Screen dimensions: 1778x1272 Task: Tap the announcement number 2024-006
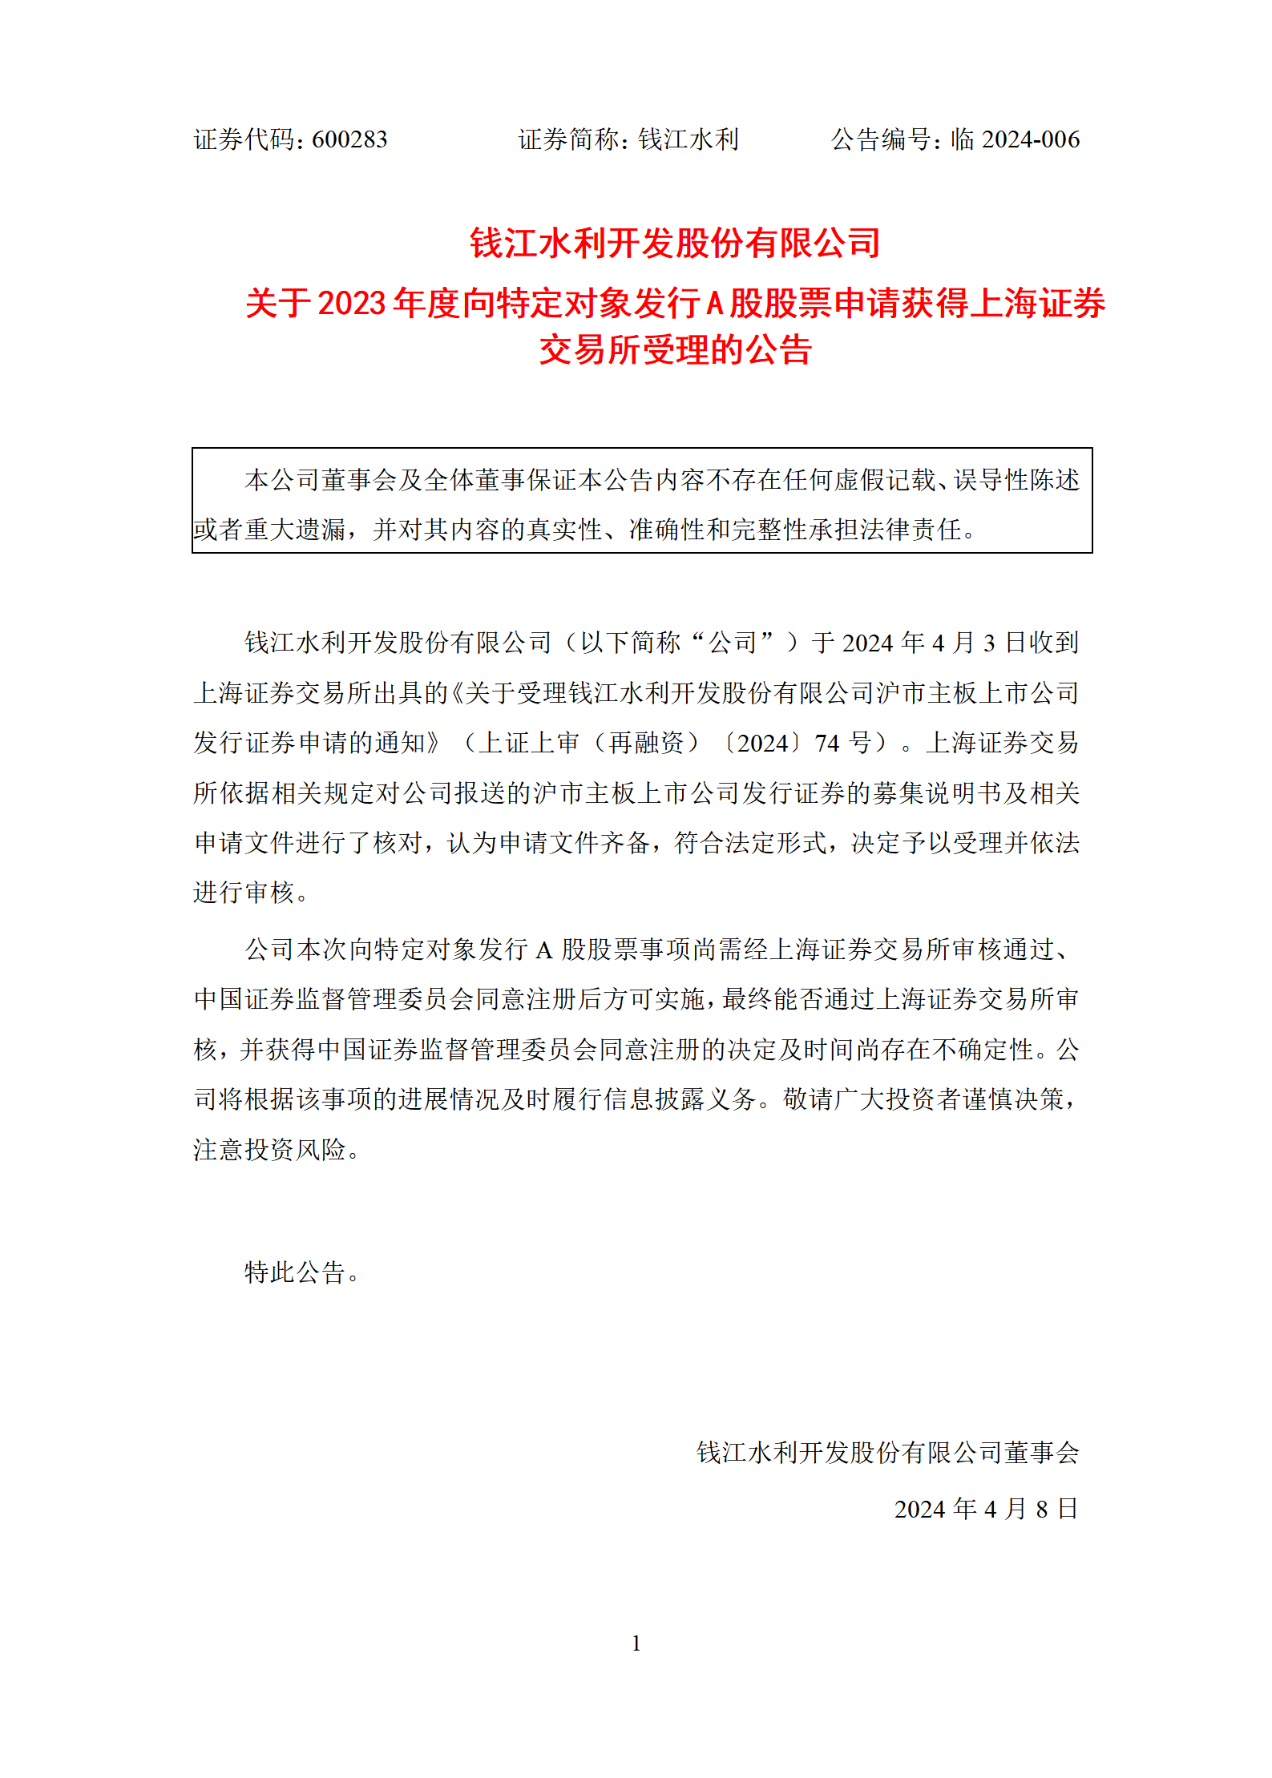pos(1030,139)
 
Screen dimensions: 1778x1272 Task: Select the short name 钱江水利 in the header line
pos(688,139)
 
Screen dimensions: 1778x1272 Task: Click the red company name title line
pos(675,243)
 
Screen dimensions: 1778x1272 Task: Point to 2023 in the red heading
pos(352,304)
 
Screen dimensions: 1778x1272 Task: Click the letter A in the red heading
pos(714,304)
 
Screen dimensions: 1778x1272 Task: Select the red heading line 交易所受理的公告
pos(675,350)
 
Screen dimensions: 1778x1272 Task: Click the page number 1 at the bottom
pos(636,1643)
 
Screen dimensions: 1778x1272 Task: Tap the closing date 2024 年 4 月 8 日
pos(986,1509)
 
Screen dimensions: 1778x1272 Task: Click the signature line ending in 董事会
pos(887,1452)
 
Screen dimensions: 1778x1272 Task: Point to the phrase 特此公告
pos(295,1272)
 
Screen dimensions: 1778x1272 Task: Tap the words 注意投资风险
pos(269,1150)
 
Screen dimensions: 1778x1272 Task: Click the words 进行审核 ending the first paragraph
pos(244,892)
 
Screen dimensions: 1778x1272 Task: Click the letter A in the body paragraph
pos(543,950)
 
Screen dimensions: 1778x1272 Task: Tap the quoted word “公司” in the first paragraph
pos(731,643)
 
